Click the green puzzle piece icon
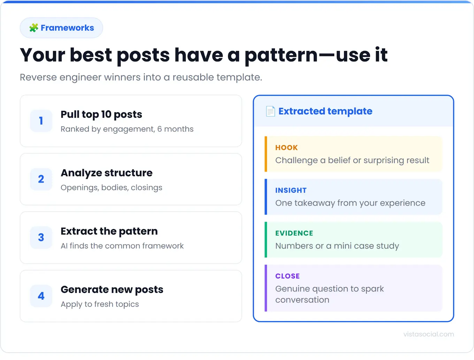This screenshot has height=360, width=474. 33,28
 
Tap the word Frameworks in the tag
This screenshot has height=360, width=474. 67,28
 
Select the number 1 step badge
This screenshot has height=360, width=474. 41,121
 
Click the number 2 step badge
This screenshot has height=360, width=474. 41,179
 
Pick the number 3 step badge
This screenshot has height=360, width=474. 41,238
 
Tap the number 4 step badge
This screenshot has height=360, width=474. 41,296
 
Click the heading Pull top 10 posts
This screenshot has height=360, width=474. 101,114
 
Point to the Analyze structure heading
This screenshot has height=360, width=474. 106,173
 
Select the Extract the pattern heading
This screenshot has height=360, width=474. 109,231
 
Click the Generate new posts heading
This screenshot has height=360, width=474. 112,290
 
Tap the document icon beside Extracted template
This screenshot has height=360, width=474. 270,111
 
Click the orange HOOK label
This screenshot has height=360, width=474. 286,148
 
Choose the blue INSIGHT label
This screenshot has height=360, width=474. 291,190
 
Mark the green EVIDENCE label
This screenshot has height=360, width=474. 294,233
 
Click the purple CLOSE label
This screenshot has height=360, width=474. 287,276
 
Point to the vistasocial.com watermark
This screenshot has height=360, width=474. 428,334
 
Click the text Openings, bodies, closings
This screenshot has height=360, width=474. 111,188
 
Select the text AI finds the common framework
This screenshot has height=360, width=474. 122,246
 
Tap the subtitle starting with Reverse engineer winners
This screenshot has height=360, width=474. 141,77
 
